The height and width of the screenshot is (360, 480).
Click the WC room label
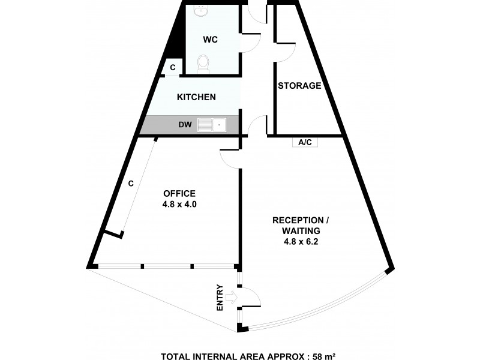tap(210, 40)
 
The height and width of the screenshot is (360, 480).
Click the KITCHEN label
tap(196, 97)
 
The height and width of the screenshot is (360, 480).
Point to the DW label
tap(185, 125)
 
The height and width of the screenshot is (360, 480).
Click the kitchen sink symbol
tap(211, 125)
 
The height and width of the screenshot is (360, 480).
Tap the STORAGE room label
tap(299, 86)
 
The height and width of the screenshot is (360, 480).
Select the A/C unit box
tap(305, 143)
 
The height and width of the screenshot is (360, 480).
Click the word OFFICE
tap(179, 193)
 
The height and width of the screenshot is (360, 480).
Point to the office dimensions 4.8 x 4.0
tap(179, 204)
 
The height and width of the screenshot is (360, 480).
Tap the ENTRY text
tap(220, 297)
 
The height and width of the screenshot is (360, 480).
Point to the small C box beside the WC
tap(172, 68)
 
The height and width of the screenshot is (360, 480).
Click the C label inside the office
tap(131, 184)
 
